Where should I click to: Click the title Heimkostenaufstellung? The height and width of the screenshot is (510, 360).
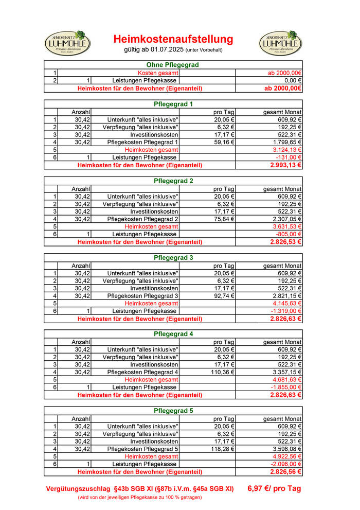coord(173,39)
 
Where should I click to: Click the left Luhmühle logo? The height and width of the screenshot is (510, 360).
coord(68,43)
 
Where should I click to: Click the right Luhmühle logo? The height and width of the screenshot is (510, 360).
coord(280,43)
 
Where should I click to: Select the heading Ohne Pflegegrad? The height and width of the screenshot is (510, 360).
coord(173,65)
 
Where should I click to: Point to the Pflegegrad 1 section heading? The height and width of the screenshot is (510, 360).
coord(173,104)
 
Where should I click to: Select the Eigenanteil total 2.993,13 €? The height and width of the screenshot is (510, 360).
coord(285,165)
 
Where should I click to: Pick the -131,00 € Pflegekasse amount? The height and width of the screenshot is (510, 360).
coord(288,157)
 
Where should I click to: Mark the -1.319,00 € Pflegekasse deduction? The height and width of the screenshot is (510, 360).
coord(286,311)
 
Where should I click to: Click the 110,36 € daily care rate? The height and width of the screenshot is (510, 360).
coord(222,372)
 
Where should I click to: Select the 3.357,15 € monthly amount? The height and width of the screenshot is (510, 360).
coord(286,372)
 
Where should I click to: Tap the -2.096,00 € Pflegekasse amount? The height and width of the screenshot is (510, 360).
coord(286,464)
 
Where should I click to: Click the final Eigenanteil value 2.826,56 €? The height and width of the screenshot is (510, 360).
coord(285,472)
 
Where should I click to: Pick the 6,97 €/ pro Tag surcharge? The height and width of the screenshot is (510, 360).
coord(274,488)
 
